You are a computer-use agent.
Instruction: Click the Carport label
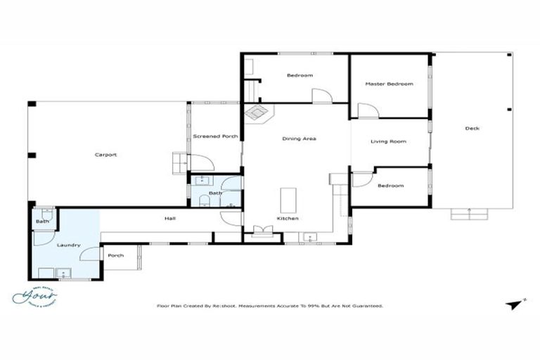[106, 155]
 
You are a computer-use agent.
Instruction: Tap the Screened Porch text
[215, 136]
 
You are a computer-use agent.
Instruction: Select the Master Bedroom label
[389, 84]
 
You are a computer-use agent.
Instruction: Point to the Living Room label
[389, 142]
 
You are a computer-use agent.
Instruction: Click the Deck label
[472, 128]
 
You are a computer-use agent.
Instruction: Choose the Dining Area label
[299, 139]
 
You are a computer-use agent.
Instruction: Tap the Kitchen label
[288, 219]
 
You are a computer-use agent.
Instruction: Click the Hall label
[170, 219]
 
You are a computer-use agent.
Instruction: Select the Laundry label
[68, 245]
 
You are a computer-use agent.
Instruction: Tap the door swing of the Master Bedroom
[367, 111]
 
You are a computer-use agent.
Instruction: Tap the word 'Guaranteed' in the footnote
[367, 306]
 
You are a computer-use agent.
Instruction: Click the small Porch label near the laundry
[116, 255]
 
